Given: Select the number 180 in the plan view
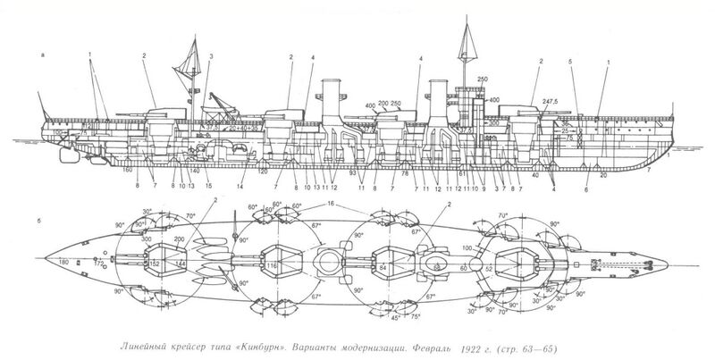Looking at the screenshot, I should point(63,262).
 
